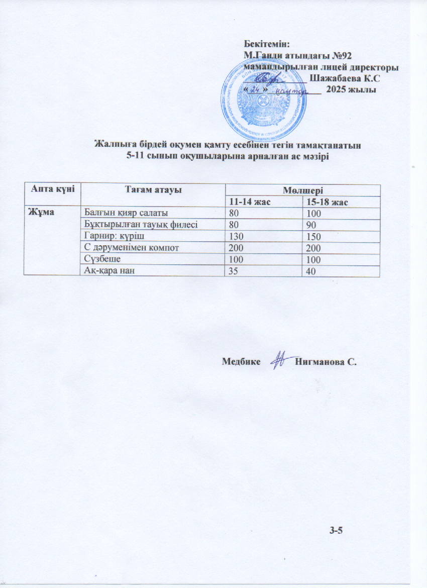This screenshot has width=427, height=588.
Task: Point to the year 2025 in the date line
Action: coord(336,89)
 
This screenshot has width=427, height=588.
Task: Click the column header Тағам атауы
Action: coord(153,189)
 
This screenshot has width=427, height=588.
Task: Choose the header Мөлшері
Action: coord(302,189)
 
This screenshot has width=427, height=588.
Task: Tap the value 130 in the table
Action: coord(236,236)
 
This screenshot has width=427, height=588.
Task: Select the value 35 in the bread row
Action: coord(234,271)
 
